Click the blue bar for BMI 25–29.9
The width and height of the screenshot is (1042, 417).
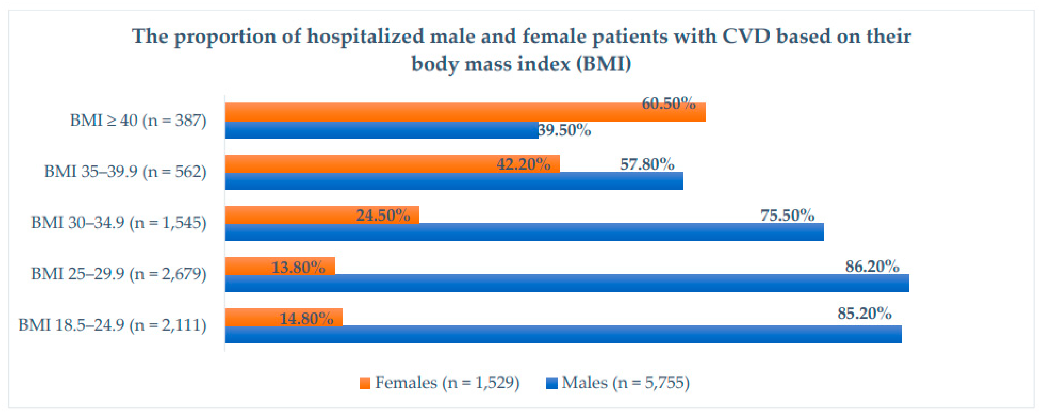[566, 283]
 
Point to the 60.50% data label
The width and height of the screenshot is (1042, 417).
[669, 104]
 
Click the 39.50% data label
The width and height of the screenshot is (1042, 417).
[565, 130]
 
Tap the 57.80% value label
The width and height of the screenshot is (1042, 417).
[647, 164]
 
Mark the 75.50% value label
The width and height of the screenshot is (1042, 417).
[787, 215]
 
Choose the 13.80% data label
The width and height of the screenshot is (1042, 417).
[298, 267]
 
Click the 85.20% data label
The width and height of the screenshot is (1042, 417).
[864, 313]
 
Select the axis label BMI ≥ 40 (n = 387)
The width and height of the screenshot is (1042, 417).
[138, 121]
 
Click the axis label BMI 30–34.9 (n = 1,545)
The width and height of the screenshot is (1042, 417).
[119, 223]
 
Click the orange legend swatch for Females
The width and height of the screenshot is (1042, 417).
[365, 383]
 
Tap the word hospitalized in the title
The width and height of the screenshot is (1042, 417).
[365, 37]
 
